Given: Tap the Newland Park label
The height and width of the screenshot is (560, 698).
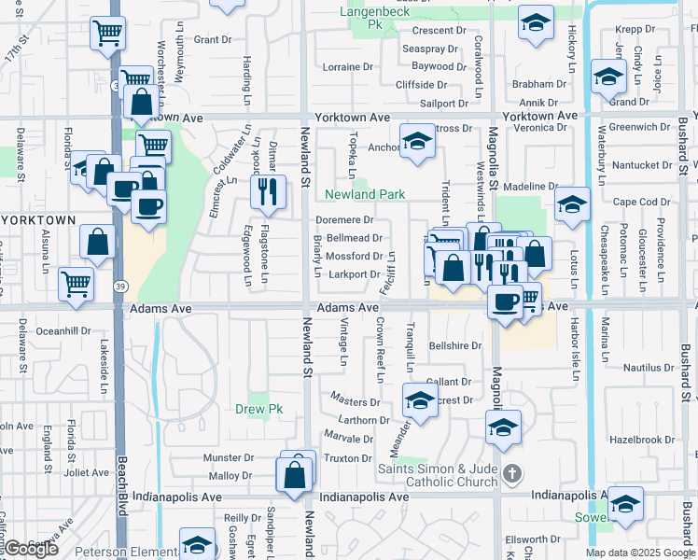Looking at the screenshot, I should coord(364,194).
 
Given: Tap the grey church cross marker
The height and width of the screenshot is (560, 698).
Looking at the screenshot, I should coord(511,474).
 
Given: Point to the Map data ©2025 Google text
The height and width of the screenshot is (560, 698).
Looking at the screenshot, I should coord(640,553).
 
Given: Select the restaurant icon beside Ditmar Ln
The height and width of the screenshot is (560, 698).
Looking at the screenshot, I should coord(268,192).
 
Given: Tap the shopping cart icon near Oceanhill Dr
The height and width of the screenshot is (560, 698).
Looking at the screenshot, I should coord(76,283).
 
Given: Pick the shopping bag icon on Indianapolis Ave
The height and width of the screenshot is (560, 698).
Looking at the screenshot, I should coord(295,475).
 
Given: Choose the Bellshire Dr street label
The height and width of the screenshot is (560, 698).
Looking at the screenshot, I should coord(454,345).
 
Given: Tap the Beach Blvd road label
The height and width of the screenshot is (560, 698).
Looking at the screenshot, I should coord(121,484).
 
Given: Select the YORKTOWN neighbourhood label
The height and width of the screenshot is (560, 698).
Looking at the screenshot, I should coord(37,220).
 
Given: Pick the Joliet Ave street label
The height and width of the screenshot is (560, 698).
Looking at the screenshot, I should coord(87,472).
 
